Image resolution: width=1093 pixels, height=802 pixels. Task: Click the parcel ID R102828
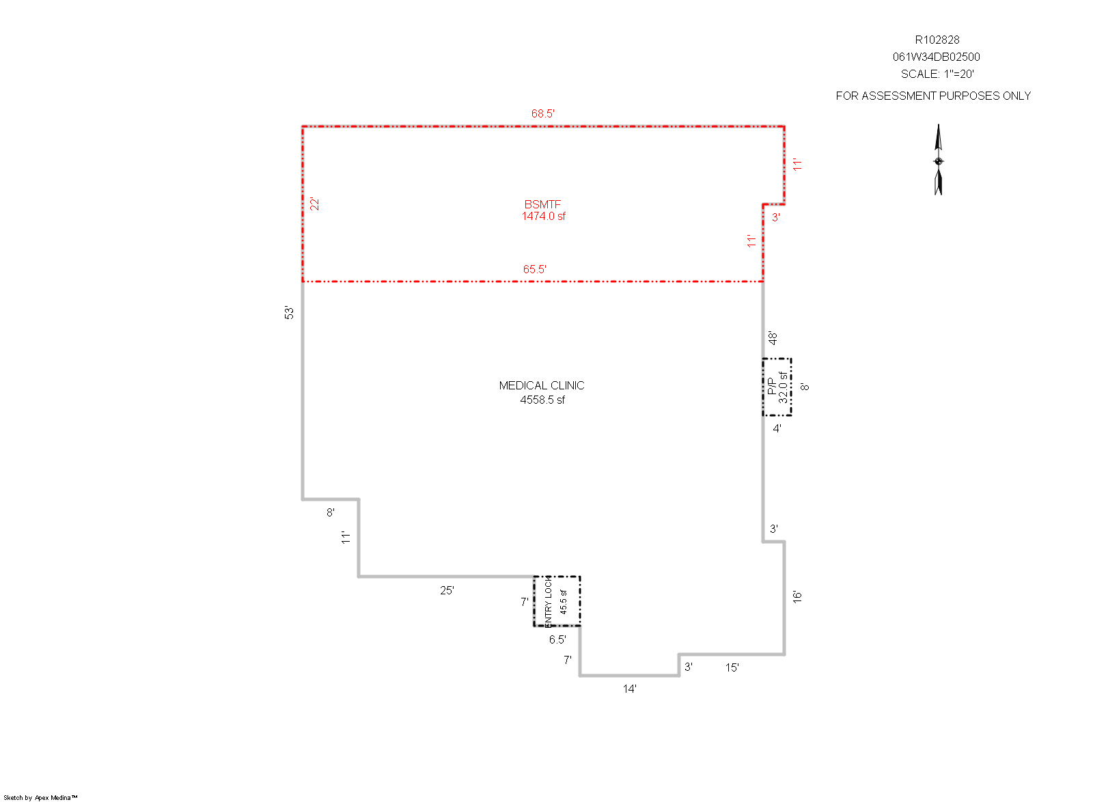(x=937, y=40)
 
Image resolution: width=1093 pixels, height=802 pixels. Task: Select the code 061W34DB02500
(x=937, y=57)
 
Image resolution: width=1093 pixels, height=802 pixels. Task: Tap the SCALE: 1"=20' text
(x=937, y=74)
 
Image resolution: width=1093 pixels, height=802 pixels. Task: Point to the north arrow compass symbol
(x=939, y=160)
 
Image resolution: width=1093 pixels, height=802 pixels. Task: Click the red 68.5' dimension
(x=542, y=113)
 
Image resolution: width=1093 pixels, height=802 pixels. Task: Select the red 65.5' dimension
(x=535, y=269)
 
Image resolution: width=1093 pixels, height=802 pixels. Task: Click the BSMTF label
(x=542, y=204)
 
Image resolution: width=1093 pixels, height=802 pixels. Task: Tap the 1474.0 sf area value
(x=544, y=216)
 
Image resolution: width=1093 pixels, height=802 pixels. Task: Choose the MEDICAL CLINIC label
(x=542, y=386)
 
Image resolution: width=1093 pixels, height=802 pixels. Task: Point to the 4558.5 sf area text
(x=542, y=400)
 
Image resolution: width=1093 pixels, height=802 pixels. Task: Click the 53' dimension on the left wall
(x=290, y=313)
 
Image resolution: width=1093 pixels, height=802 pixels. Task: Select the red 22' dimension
(x=315, y=204)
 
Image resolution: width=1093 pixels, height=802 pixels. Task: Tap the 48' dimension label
(x=773, y=337)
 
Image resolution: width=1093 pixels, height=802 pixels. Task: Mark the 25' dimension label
(x=447, y=591)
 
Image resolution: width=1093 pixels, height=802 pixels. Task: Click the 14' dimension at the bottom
(x=629, y=689)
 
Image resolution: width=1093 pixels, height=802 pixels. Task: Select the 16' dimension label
(x=797, y=596)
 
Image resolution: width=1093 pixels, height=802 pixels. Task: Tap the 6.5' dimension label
(x=557, y=639)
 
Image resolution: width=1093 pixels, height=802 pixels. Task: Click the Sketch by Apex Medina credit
(x=40, y=798)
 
